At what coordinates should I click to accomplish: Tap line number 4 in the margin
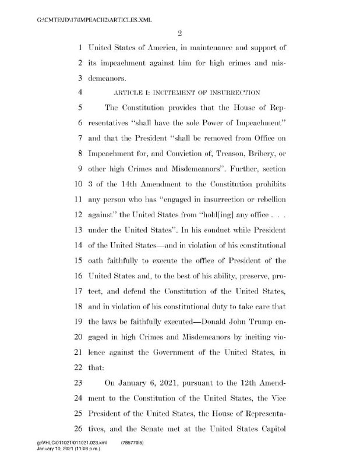tap(78, 91)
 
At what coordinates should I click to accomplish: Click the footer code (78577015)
tap(132, 443)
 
